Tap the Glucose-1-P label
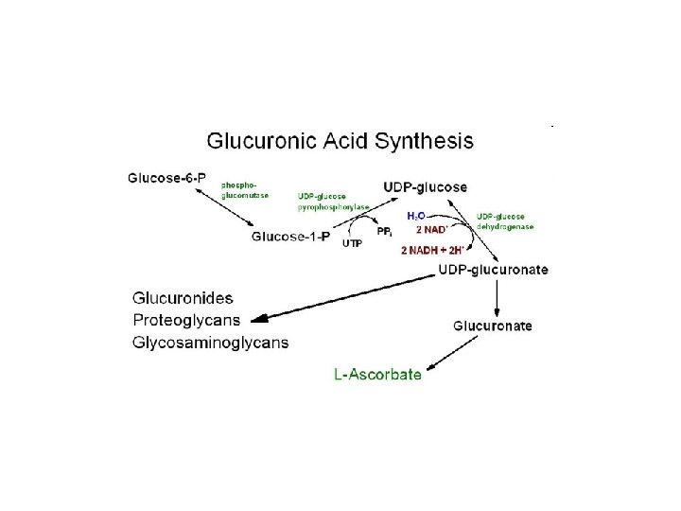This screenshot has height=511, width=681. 291,237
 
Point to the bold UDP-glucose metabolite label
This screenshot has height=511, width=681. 425,186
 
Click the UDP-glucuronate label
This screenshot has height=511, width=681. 493,269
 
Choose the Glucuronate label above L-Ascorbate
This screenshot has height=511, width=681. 493,326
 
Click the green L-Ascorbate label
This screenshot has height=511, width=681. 377,375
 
